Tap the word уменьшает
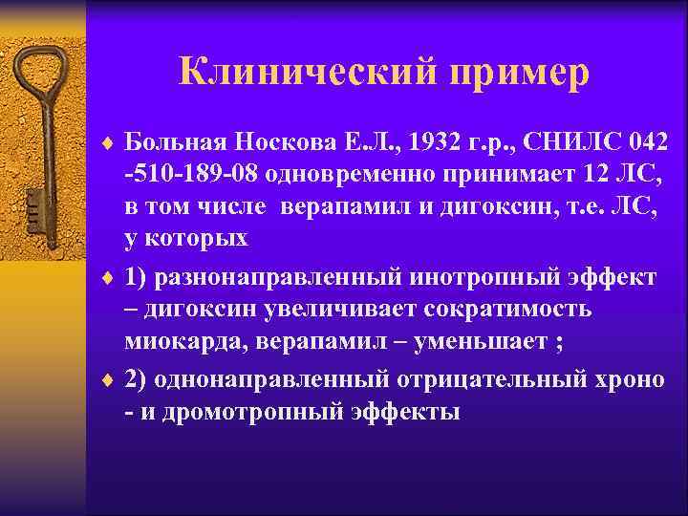tap(469, 343)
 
